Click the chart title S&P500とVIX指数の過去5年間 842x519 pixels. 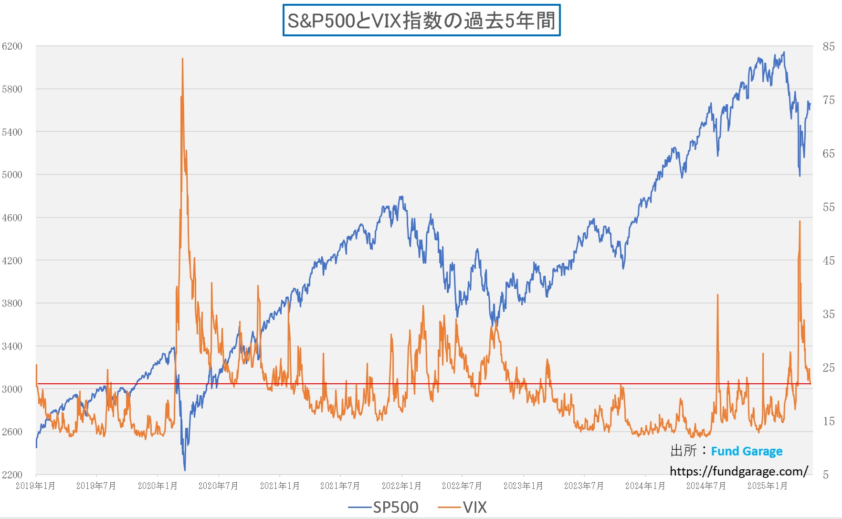pyautogui.click(x=421, y=21)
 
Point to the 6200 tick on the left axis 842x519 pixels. pyautogui.click(x=12, y=46)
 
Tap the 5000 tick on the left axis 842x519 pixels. pyautogui.click(x=12, y=175)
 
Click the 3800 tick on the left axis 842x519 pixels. pyautogui.click(x=12, y=303)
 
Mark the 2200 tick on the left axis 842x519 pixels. pyautogui.click(x=12, y=475)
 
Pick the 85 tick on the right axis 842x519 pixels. pyautogui.click(x=829, y=46)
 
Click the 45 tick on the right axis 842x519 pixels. pyautogui.click(x=829, y=260)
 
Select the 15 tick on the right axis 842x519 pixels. pyautogui.click(x=829, y=421)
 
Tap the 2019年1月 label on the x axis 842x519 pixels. pyautogui.click(x=35, y=486)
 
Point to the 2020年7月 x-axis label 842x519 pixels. pyautogui.click(x=218, y=486)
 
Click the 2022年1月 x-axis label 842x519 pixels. pyautogui.click(x=401, y=486)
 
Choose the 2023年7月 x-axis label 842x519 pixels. pyautogui.click(x=584, y=486)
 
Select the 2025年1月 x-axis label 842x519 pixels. pyautogui.click(x=767, y=486)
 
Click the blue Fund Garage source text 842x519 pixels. pyautogui.click(x=747, y=451)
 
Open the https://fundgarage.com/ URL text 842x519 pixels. pyautogui.click(x=738, y=472)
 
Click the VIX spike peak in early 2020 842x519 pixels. pyautogui.click(x=182, y=59)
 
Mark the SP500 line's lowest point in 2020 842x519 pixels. pyautogui.click(x=185, y=470)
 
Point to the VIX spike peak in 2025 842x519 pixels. pyautogui.click(x=800, y=221)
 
